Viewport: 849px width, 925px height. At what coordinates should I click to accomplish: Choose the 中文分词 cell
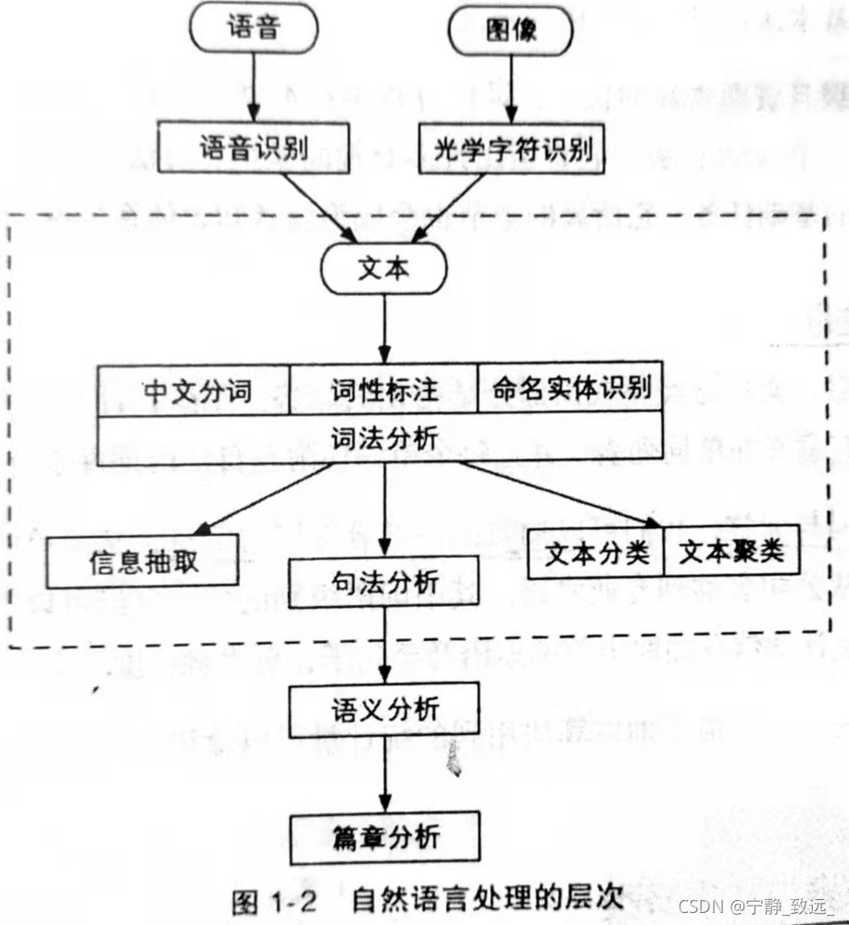196,390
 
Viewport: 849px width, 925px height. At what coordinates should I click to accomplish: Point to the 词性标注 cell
383,390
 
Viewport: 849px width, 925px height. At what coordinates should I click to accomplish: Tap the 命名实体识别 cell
569,388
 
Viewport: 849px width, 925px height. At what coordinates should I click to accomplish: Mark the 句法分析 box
384,582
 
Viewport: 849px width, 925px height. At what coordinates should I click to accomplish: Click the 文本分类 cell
595,553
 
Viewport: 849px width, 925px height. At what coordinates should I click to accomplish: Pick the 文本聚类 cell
730,553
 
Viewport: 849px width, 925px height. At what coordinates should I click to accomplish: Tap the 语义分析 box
384,709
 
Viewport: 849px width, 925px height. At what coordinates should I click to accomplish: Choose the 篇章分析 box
384,838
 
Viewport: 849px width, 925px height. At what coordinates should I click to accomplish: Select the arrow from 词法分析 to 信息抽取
263,499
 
